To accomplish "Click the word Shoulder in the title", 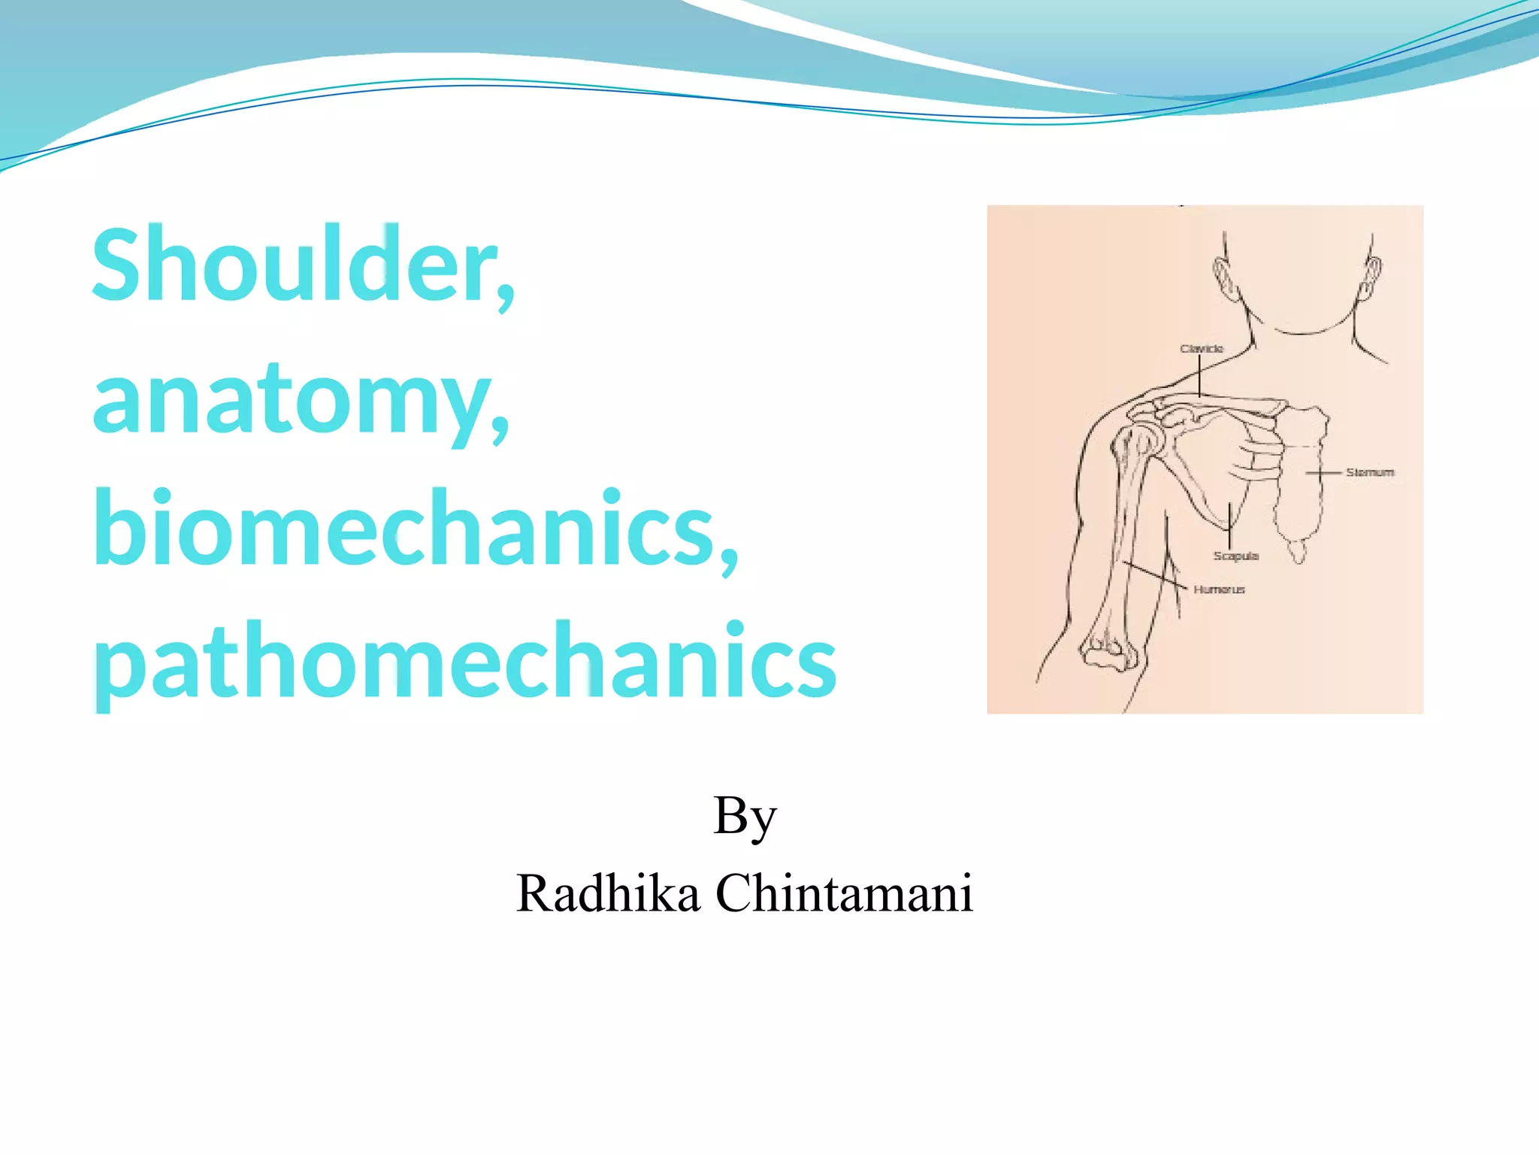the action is [293, 265].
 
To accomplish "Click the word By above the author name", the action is [744, 817].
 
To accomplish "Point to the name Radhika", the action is [607, 894].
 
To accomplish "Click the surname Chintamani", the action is [844, 894].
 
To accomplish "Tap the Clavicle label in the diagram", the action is [1202, 349].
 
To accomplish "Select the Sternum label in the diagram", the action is [1369, 472].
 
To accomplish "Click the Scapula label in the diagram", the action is [1235, 556].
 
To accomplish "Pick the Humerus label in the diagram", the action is [1219, 590].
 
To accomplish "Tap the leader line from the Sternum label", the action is [1324, 473].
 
